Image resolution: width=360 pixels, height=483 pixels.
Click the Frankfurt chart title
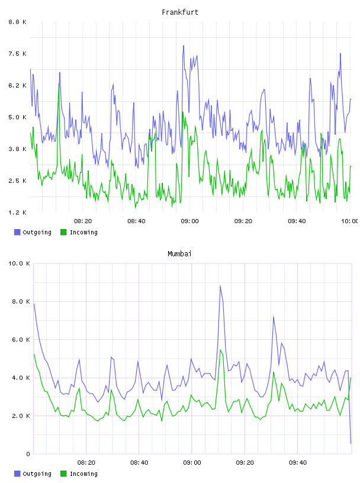180,12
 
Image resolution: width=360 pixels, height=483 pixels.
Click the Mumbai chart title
179,254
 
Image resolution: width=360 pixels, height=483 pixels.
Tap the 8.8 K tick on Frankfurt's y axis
18,22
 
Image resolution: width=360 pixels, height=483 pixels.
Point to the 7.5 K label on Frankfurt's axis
18,54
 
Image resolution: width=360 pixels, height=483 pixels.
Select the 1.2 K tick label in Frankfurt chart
18,212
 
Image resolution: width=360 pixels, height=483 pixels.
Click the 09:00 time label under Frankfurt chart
189,221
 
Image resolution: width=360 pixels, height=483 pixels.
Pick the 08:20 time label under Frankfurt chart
83,221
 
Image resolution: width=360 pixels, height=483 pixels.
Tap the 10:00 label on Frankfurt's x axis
350,221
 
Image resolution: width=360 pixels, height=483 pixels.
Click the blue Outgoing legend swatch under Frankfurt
17,232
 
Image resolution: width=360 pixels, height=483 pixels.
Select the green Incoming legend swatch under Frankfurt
63,232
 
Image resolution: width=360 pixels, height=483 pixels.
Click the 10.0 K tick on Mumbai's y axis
19,263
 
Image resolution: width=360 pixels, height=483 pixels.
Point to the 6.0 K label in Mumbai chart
21,340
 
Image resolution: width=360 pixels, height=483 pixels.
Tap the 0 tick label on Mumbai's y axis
28,454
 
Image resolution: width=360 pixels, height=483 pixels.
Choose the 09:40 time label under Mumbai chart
298,463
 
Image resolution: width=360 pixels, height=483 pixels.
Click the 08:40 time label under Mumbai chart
139,463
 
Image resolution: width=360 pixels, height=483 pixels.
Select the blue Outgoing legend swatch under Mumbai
17,474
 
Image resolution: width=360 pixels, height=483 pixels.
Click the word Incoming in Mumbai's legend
83,474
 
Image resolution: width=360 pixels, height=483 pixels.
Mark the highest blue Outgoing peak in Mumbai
220,286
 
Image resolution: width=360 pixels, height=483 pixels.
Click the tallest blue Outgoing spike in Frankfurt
184,46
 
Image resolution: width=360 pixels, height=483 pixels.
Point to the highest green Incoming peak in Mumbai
220,350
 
